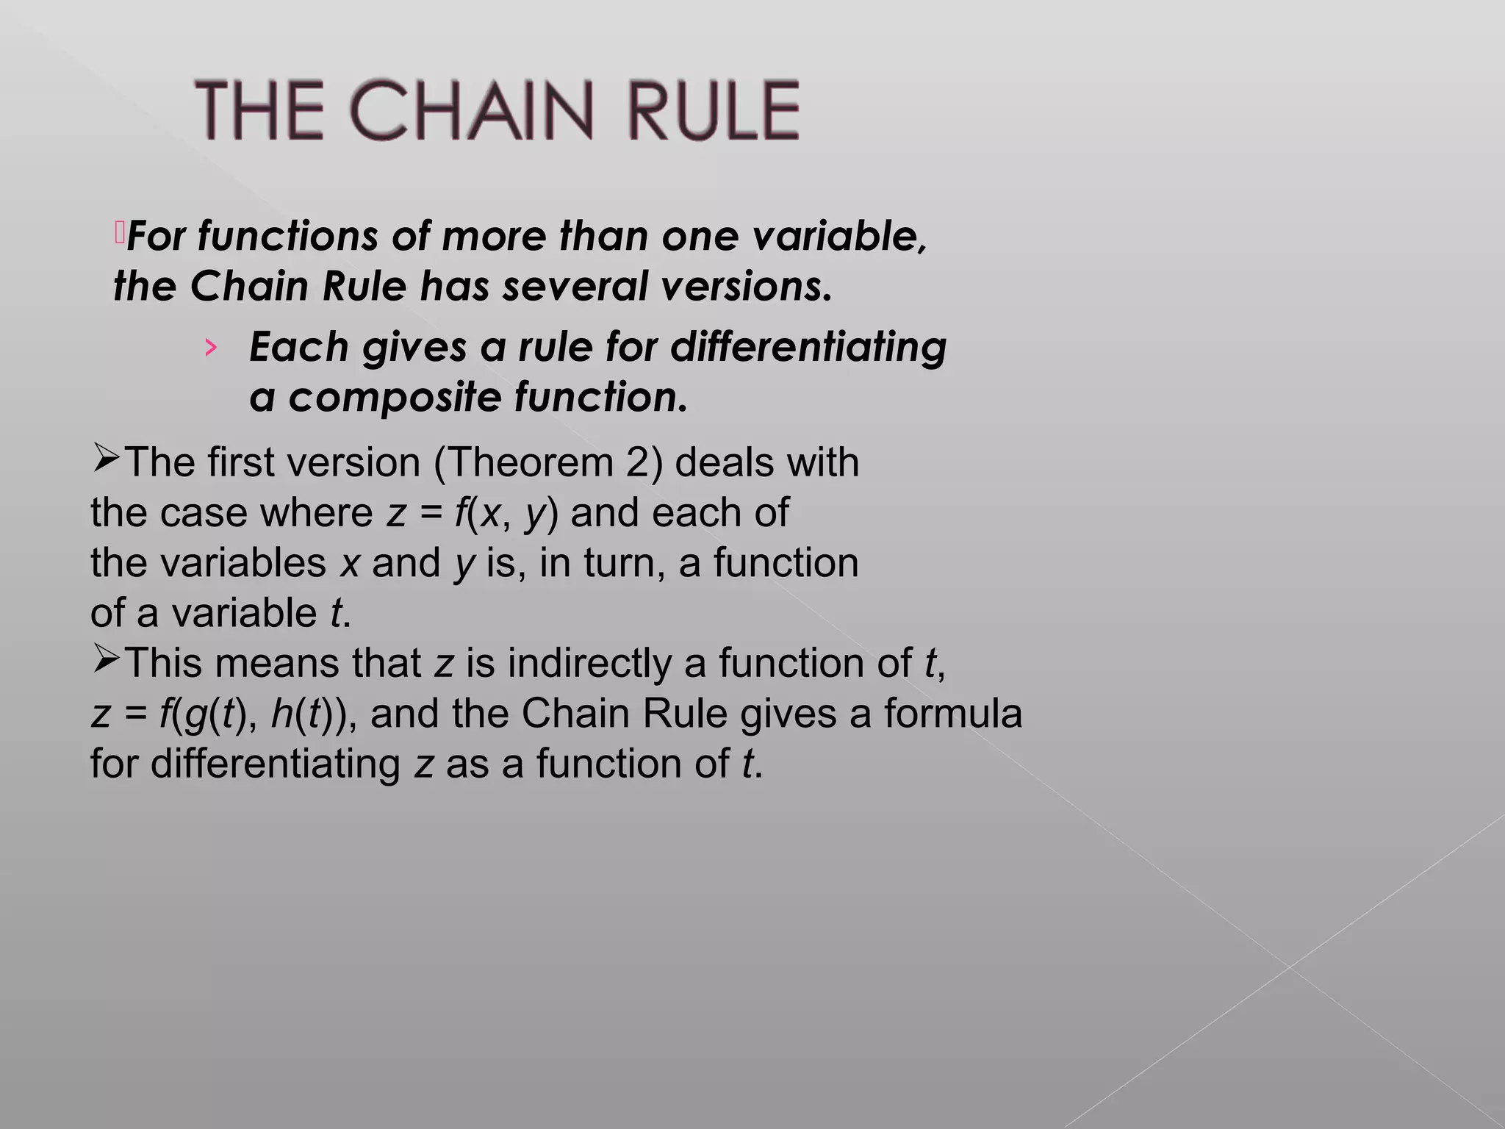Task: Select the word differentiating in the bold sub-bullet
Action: (x=808, y=347)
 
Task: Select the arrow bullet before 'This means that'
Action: (x=107, y=663)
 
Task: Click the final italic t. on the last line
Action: (x=751, y=764)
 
